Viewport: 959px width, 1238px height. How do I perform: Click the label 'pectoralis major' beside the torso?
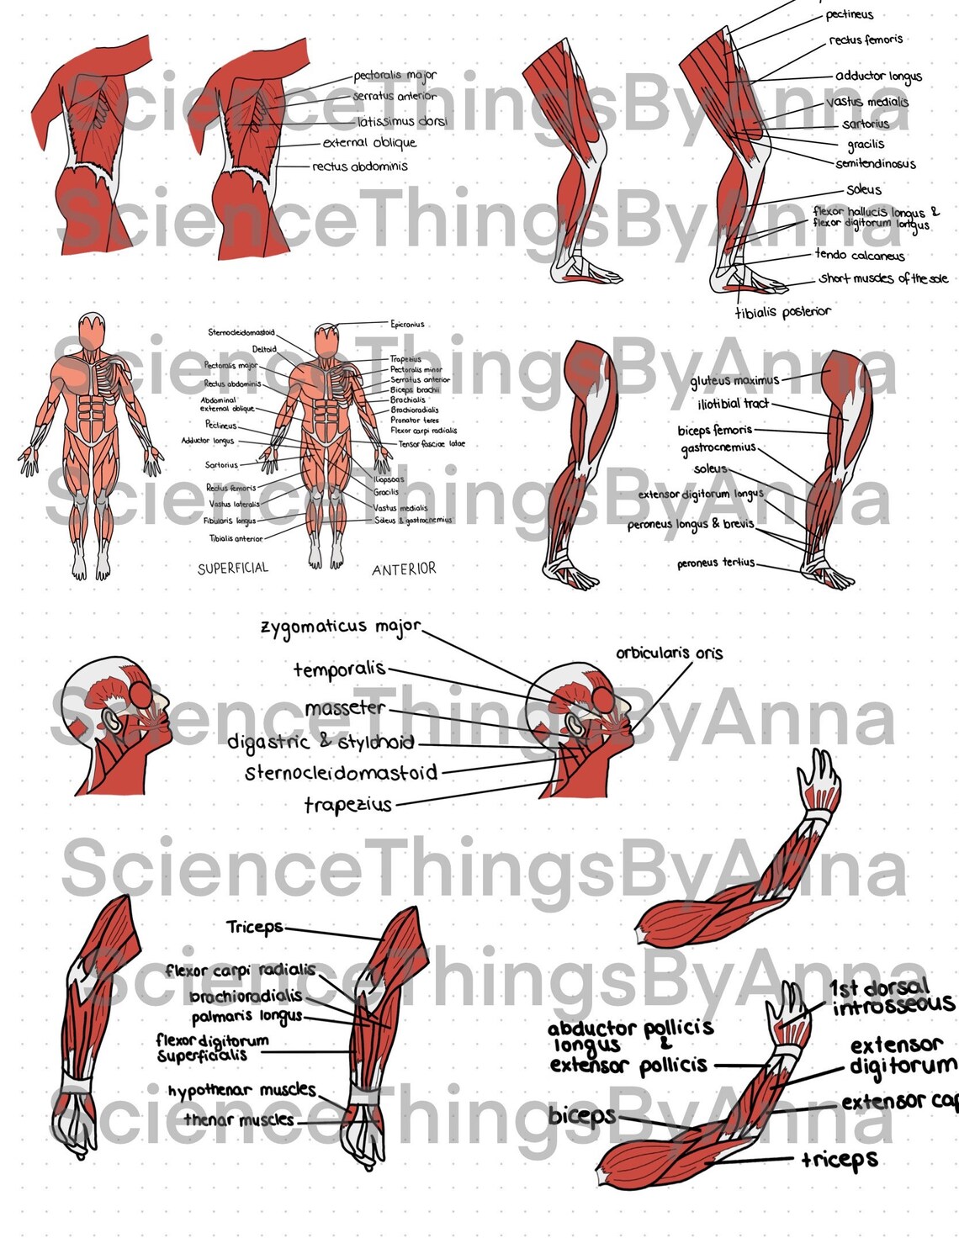coord(395,76)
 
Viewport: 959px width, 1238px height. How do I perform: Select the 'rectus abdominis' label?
coord(360,167)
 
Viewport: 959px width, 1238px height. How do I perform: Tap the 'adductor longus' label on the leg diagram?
coord(878,77)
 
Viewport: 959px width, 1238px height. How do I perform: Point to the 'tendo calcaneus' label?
coord(859,255)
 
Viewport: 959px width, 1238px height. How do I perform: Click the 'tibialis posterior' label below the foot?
coord(782,312)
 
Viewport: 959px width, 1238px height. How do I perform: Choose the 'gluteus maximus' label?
coord(734,381)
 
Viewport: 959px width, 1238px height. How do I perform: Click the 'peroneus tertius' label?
coord(716,563)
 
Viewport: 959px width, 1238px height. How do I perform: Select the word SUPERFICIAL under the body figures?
coord(233,569)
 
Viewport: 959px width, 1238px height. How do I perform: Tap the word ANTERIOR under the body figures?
coord(404,569)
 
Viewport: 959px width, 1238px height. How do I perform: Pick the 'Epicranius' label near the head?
coord(407,324)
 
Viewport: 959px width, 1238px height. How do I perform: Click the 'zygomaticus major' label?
coord(340,627)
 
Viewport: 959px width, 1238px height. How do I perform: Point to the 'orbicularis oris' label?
coord(669,653)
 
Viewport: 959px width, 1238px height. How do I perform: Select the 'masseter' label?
coord(345,708)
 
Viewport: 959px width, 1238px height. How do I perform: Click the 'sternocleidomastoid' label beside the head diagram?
coord(341,772)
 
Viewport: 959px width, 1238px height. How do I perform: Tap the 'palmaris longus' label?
coord(246,1017)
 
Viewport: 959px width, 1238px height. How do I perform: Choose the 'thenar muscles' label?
coord(239,1120)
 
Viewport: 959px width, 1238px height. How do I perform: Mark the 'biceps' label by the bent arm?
coord(582,1116)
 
